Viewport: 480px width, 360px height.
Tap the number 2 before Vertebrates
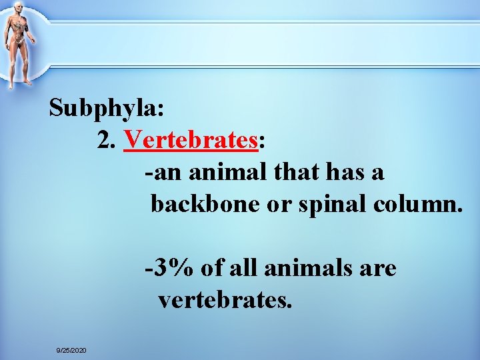105,140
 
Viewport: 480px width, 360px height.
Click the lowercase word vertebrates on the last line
225,301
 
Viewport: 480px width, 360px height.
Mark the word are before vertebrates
378,269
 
